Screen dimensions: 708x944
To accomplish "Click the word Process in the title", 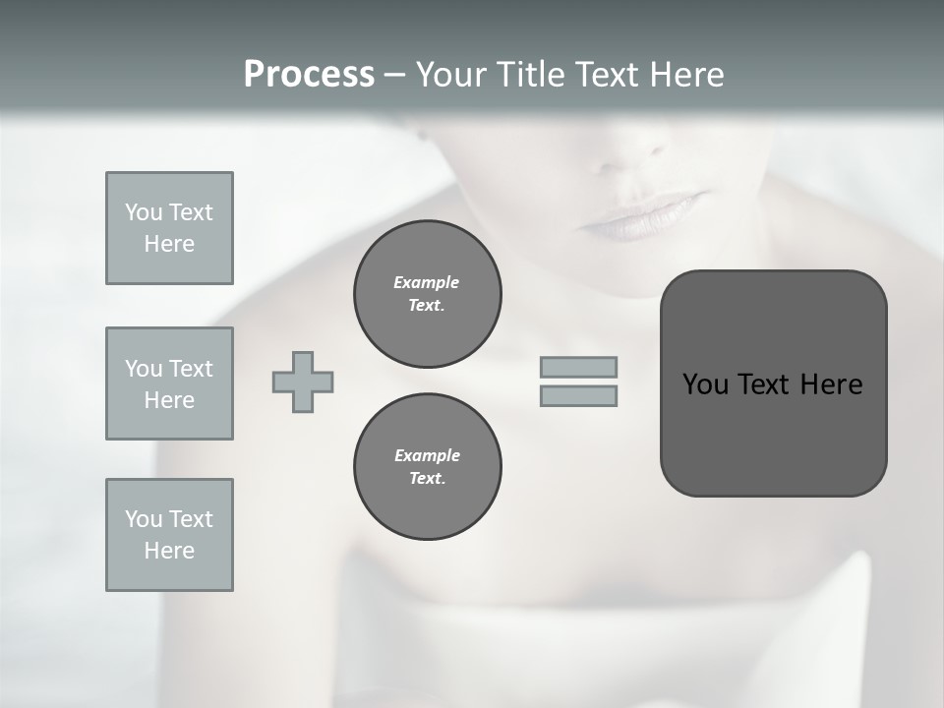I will click(309, 75).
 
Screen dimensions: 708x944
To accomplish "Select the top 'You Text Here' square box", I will click(169, 228).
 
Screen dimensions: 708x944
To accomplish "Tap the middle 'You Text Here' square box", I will click(169, 383).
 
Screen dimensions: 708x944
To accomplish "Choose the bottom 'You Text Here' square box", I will click(169, 535).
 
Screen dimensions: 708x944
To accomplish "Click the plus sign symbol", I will click(303, 382).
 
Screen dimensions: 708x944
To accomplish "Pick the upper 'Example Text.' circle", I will click(427, 294).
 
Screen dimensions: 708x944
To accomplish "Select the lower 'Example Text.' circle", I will click(427, 467).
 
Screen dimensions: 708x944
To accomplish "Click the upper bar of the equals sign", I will click(578, 367).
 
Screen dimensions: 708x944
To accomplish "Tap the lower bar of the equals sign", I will click(578, 395).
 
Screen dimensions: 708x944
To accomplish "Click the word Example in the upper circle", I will click(427, 282).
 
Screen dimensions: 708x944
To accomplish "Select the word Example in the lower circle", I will click(427, 455).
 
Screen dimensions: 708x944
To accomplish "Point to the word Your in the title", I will click(450, 75).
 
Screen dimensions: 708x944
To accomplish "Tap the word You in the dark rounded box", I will click(706, 384).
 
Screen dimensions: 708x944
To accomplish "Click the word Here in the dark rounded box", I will click(831, 384).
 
